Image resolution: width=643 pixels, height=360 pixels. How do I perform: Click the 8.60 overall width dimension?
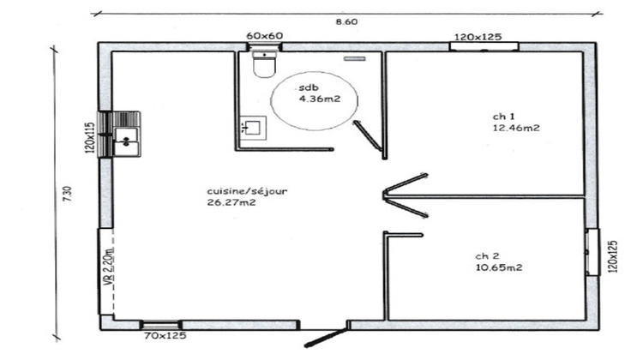[x=346, y=22]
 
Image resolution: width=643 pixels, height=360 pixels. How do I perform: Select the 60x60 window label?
[x=264, y=36]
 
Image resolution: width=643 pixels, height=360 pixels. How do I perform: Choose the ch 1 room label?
[x=503, y=116]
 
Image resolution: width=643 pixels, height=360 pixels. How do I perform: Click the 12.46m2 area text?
[x=516, y=128]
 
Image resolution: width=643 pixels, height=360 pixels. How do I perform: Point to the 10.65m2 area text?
[x=499, y=267]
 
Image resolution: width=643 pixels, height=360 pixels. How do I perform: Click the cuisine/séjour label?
[x=246, y=190]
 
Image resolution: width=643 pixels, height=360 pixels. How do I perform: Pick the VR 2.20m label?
[x=109, y=270]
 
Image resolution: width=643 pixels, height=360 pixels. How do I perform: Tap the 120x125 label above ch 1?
[x=478, y=37]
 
